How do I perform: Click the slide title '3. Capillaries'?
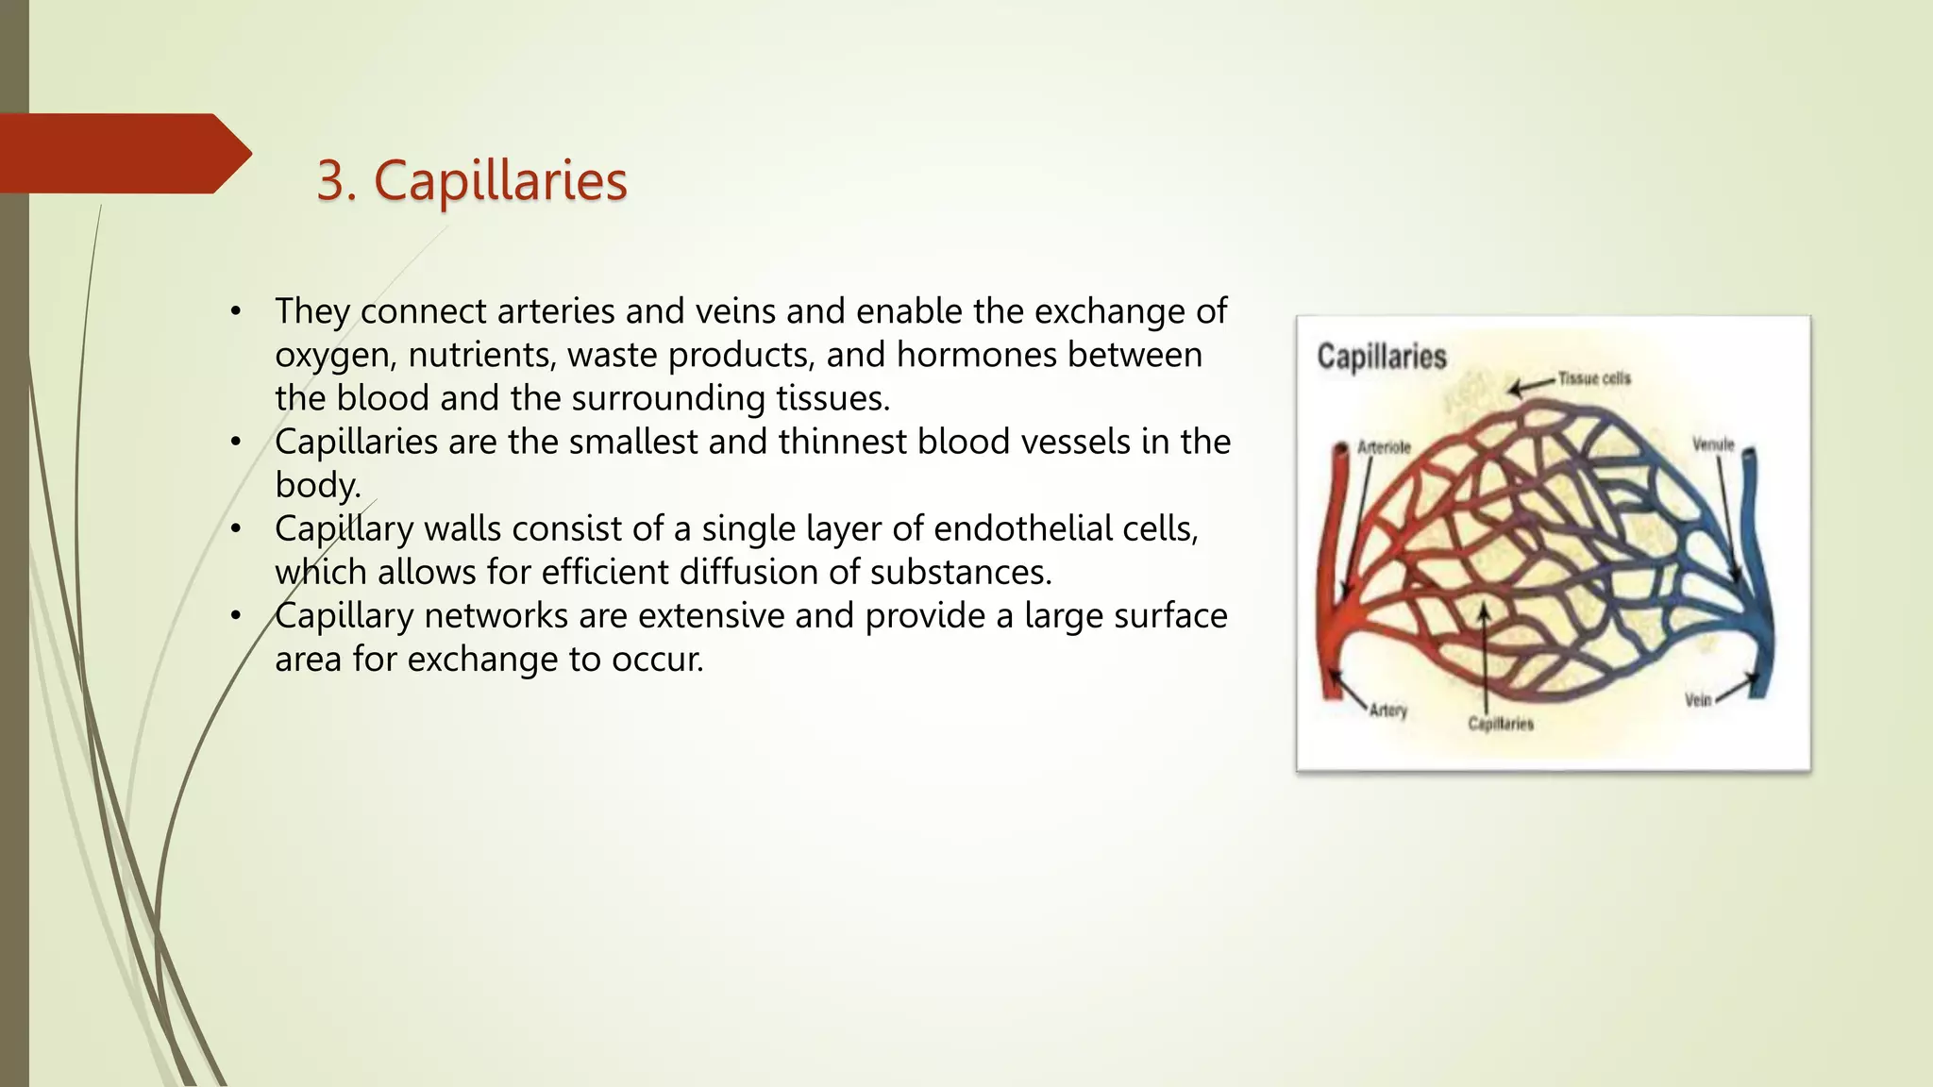click(x=471, y=180)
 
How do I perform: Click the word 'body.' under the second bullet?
click(x=318, y=485)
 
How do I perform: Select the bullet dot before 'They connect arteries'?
click(x=236, y=311)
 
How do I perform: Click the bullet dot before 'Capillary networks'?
click(x=236, y=616)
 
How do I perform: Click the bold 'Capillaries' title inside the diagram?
click(x=1381, y=357)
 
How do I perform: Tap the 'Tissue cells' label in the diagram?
click(x=1593, y=378)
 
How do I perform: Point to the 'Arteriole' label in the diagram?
click(x=1384, y=447)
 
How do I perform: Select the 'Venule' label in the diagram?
click(x=1712, y=444)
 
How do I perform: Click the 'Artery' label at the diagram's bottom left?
click(x=1387, y=710)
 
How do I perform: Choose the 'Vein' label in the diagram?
click(x=1697, y=699)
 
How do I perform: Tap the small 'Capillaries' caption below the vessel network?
click(x=1500, y=724)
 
